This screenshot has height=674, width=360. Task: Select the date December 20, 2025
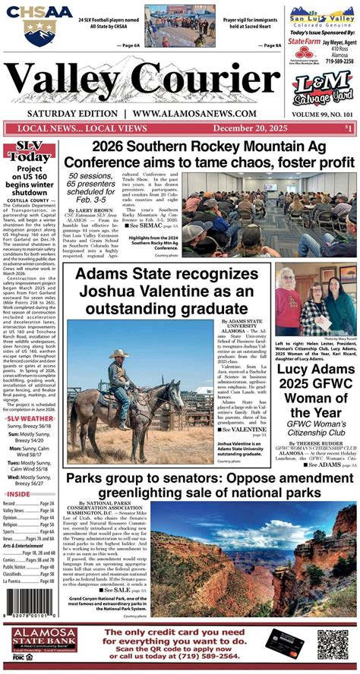point(251,128)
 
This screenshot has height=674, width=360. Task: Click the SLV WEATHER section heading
point(30,418)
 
